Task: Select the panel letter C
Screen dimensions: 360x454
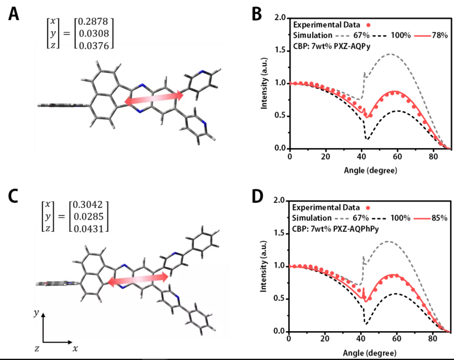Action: pyautogui.click(x=14, y=197)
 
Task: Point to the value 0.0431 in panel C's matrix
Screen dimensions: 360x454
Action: pyautogui.click(x=89, y=228)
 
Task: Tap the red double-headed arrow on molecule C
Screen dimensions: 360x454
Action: pyautogui.click(x=138, y=279)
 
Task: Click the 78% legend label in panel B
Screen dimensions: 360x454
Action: pyautogui.click(x=439, y=35)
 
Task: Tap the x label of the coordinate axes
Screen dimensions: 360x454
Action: pyautogui.click(x=75, y=349)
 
